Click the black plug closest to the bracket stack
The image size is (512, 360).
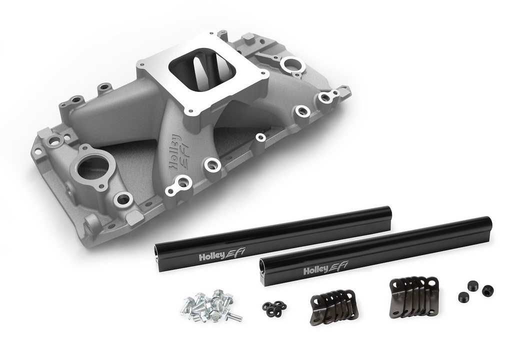pyautogui.click(x=464, y=297)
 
